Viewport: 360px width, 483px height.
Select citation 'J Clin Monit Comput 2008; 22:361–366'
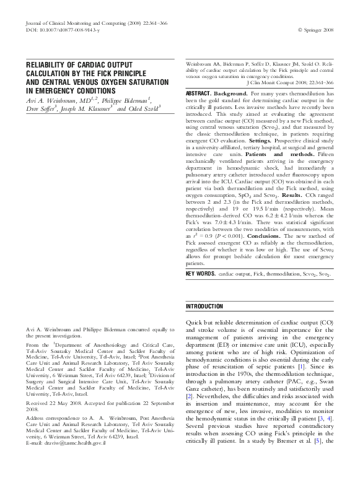click(x=289, y=82)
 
